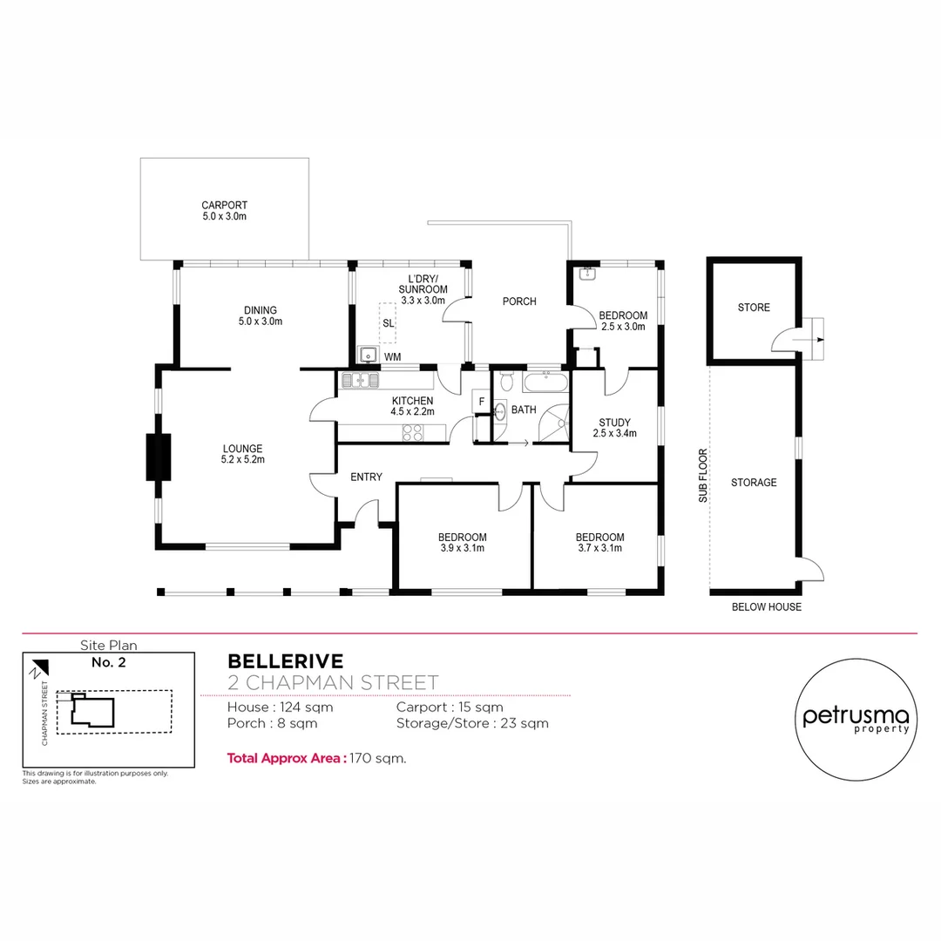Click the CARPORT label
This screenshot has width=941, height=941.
pyautogui.click(x=224, y=211)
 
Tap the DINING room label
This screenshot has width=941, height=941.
pyautogui.click(x=261, y=315)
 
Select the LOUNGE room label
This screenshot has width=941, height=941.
pyautogui.click(x=243, y=454)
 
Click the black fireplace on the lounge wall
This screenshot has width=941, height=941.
pyautogui.click(x=158, y=457)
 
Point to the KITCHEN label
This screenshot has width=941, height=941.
pyautogui.click(x=412, y=406)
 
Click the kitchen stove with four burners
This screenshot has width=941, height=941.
pyautogui.click(x=412, y=433)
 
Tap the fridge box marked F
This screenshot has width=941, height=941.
pyautogui.click(x=481, y=401)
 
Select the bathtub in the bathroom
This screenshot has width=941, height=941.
pyautogui.click(x=545, y=382)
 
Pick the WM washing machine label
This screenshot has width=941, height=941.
pyautogui.click(x=392, y=357)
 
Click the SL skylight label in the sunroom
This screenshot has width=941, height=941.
pyautogui.click(x=388, y=323)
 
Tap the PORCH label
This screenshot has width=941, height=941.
pyautogui.click(x=518, y=301)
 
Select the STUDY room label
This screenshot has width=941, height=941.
pyautogui.click(x=614, y=428)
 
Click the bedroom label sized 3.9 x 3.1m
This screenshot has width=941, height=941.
pyautogui.click(x=462, y=543)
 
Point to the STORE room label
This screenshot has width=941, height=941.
pyautogui.click(x=754, y=308)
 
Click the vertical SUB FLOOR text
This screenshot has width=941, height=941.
pyautogui.click(x=702, y=476)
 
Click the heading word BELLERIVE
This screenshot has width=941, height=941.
pyautogui.click(x=285, y=661)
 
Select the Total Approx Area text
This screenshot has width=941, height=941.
pyautogui.click(x=316, y=758)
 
